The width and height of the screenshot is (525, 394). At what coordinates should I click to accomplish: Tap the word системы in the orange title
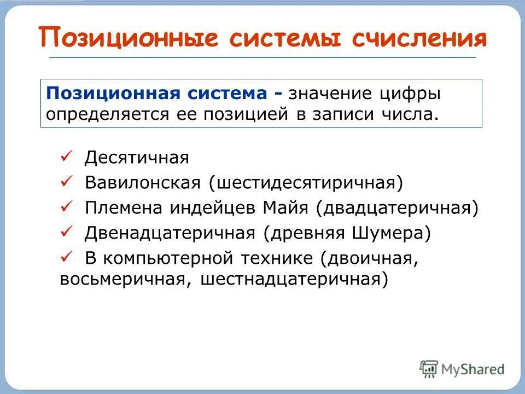pos(277,38)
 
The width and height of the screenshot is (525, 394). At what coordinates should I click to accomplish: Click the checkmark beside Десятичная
pos(66,158)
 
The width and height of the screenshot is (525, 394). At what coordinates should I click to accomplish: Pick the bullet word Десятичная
pos(137,158)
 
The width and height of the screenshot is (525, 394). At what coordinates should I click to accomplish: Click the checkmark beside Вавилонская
pos(66,182)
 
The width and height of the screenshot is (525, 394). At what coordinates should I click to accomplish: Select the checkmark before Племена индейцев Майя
pos(66,207)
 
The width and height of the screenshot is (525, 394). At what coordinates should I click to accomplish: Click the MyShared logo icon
pos(429,368)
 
